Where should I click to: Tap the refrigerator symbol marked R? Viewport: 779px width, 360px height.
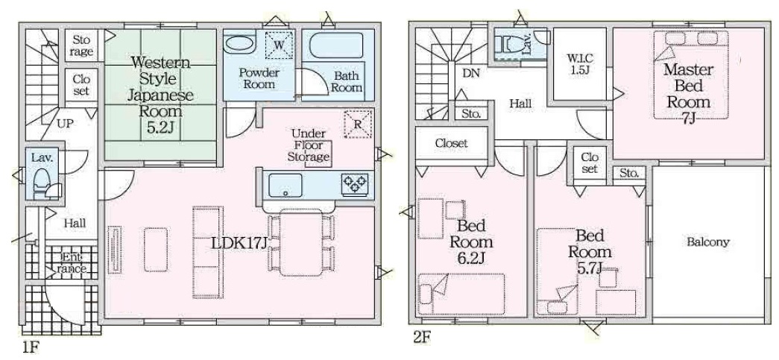358,124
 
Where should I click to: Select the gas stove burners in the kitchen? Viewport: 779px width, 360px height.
355,185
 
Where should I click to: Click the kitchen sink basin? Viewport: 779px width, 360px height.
286,186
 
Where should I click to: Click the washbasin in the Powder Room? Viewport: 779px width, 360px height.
239,44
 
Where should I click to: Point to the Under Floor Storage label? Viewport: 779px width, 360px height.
309,145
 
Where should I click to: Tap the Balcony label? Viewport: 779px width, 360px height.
708,242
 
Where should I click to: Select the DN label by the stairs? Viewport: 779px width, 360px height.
471,74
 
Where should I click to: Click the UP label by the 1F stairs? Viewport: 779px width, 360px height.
64,124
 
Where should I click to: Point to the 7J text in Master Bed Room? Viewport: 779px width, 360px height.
689,119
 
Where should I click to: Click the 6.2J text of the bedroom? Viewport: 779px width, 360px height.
471,258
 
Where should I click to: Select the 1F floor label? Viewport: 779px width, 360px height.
30,347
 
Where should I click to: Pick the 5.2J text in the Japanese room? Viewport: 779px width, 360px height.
160,127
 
